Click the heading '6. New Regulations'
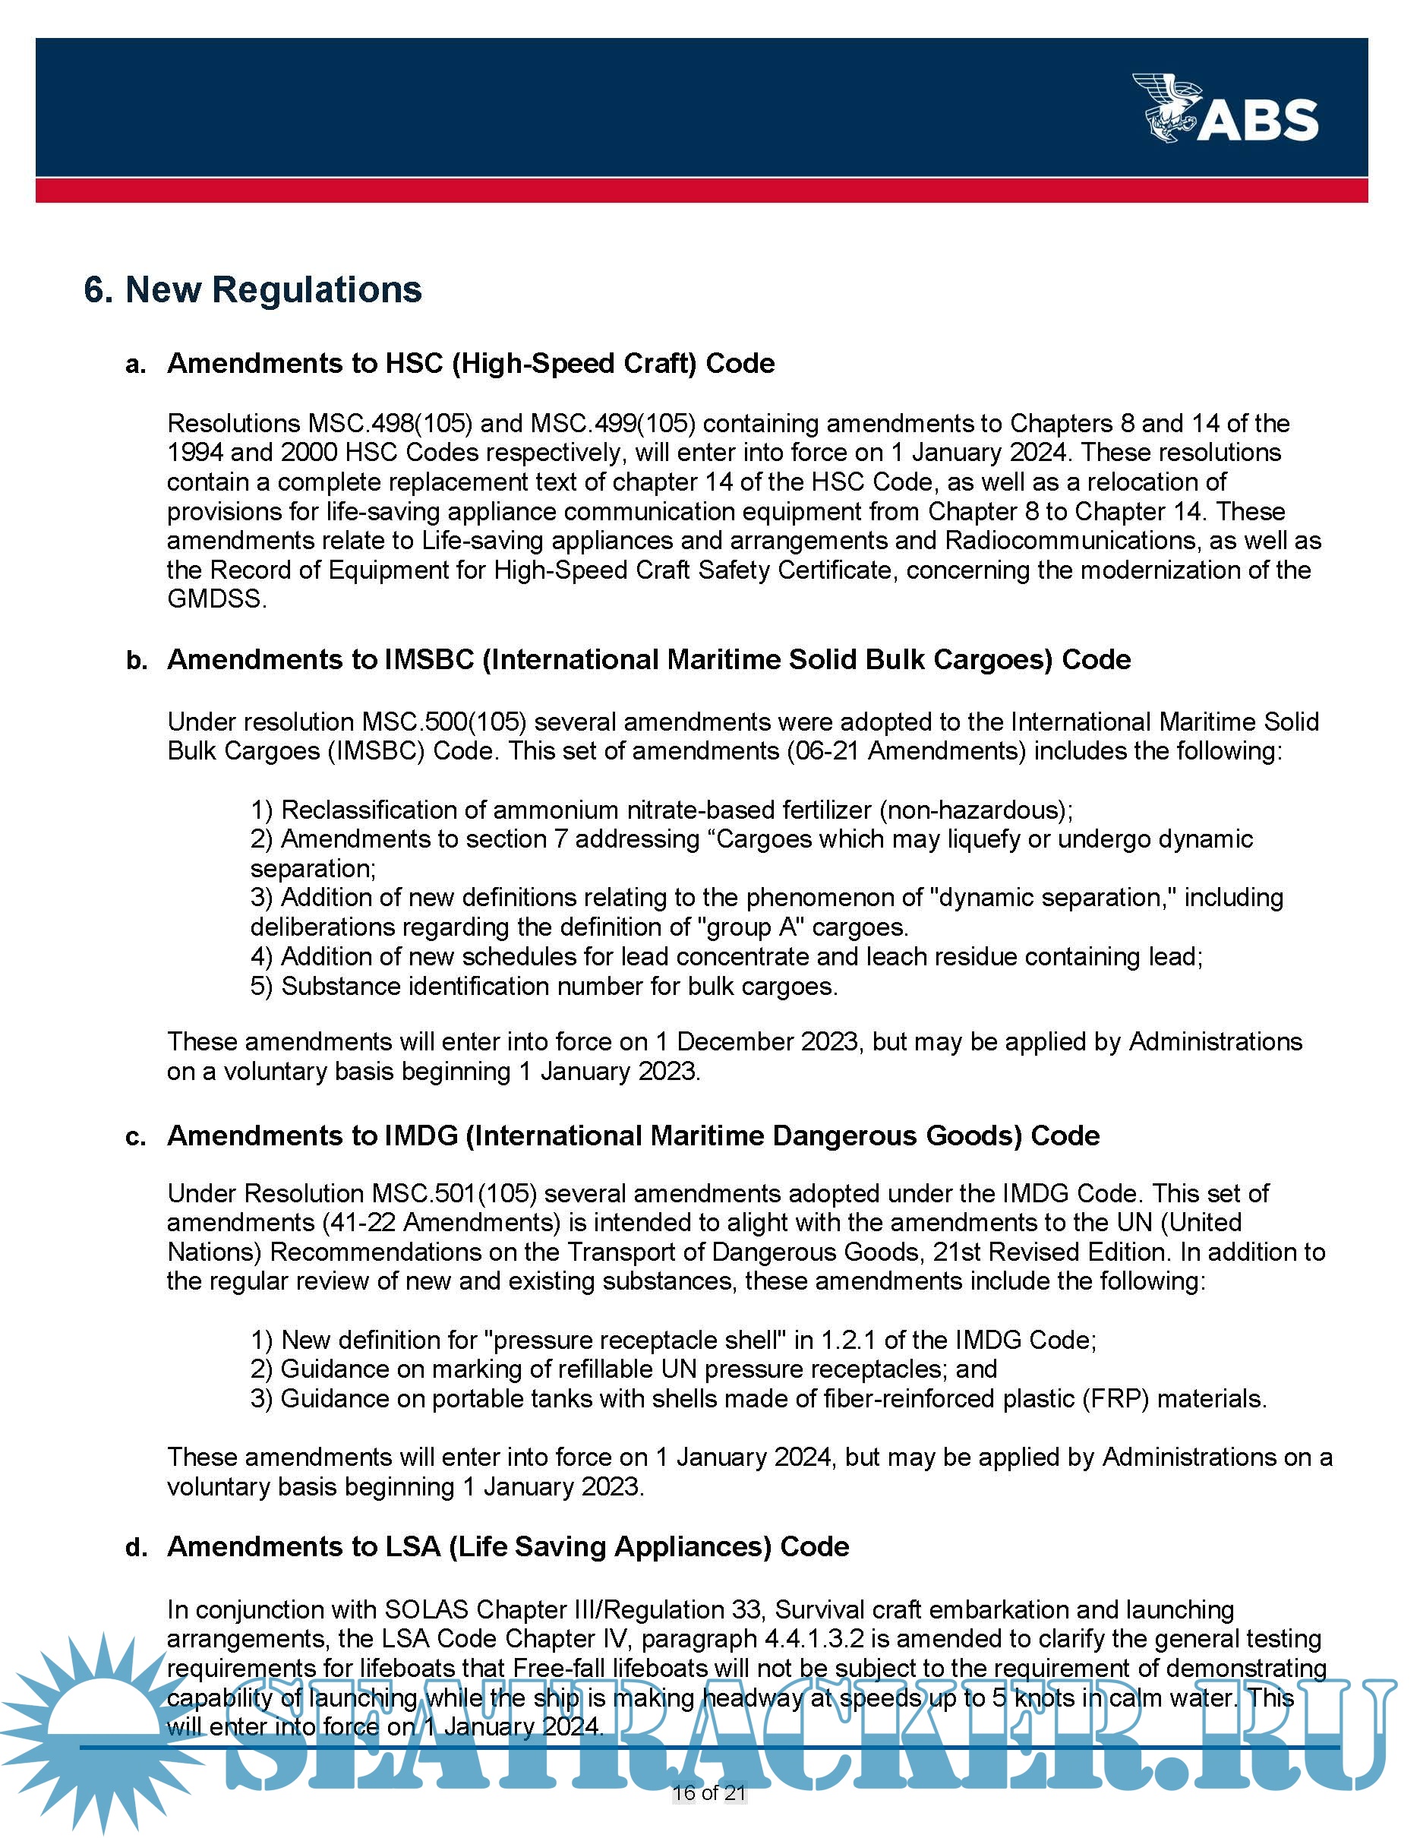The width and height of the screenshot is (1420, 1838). [252, 289]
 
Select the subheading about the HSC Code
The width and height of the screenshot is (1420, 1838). [470, 364]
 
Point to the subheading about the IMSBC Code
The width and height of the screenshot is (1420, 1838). [648, 660]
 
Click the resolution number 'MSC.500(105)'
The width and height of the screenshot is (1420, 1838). [443, 722]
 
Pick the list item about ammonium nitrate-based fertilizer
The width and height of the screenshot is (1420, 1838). [661, 810]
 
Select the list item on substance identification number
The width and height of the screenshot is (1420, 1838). [544, 987]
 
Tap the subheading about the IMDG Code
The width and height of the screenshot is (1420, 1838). [633, 1136]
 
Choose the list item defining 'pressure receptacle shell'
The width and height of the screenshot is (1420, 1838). [673, 1340]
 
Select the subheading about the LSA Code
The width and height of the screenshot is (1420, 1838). [507, 1547]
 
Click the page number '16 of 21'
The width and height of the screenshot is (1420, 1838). [709, 1792]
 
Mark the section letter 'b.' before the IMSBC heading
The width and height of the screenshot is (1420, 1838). [136, 662]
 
